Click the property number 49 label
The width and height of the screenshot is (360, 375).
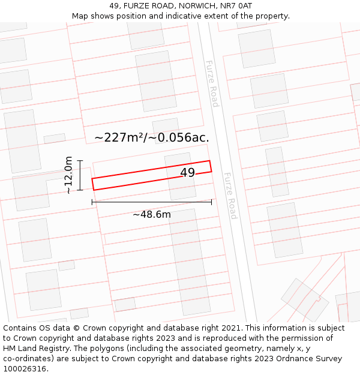187,173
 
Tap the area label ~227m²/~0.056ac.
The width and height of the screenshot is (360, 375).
152,137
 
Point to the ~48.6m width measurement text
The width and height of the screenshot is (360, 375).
152,214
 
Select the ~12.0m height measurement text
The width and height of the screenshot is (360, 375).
69,175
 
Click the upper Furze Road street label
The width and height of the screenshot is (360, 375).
212,83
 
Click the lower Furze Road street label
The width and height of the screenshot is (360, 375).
230,196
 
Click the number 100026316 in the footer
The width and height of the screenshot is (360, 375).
26,369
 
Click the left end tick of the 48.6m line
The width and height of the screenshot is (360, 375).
92,202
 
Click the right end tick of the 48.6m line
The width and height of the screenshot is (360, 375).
212,202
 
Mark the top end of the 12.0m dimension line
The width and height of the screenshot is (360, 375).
80,160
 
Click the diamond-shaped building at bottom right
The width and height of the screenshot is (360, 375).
305,299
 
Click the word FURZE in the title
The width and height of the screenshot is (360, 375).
134,6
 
